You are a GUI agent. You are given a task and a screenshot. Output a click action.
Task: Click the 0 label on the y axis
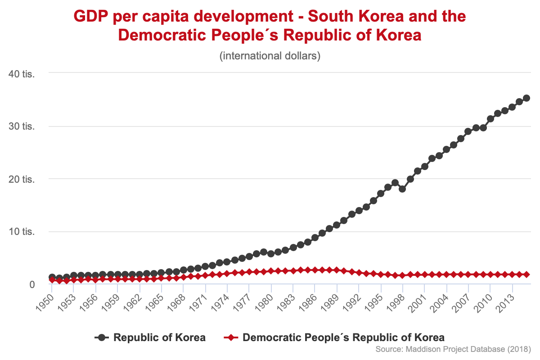point(32,284)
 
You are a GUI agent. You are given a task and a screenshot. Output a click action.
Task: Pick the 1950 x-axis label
point(44,298)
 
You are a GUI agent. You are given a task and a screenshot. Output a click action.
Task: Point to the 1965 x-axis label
point(154,298)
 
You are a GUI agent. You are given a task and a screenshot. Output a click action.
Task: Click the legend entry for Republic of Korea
point(160,337)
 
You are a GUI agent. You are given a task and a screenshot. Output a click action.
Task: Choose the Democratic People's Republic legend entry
point(343,337)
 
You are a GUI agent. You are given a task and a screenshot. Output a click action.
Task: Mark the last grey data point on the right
point(526,98)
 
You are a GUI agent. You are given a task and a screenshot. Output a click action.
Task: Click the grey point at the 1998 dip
point(402,189)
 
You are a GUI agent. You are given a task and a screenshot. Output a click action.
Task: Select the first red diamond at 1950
point(52,280)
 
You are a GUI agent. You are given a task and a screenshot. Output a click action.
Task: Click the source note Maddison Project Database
point(453,349)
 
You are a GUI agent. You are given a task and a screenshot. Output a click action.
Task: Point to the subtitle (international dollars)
point(270,57)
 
